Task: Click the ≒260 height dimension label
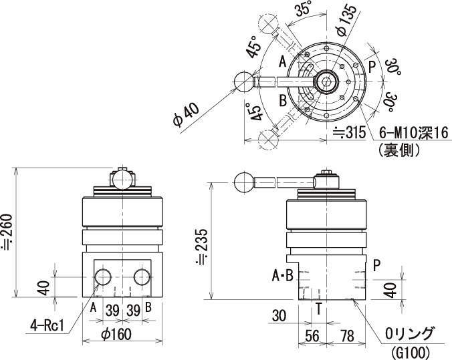[7, 232]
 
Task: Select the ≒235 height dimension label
[201, 246]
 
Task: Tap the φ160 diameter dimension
[116, 334]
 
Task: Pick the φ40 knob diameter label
[187, 115]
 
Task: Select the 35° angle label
[304, 11]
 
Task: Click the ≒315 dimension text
[349, 133]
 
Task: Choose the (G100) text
[410, 352]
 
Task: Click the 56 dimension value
[312, 336]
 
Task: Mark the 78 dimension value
[347, 336]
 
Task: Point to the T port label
[318, 309]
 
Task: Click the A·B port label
[282, 276]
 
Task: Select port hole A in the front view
[103, 277]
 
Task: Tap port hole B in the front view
[142, 277]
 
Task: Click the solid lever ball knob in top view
[244, 81]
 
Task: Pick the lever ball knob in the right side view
[244, 182]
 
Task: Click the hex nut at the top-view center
[326, 81]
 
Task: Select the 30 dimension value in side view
[279, 316]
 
